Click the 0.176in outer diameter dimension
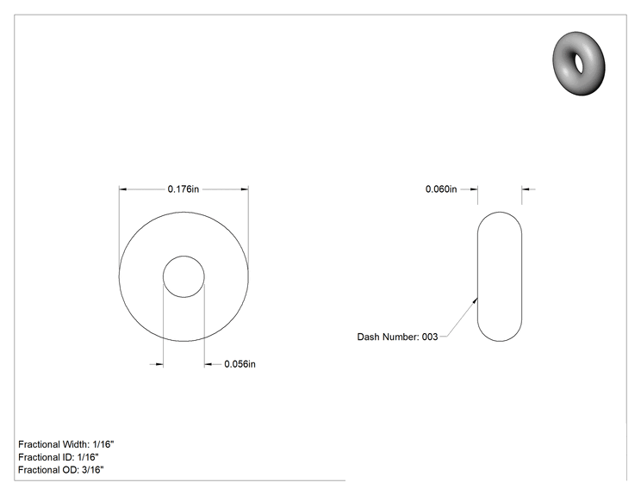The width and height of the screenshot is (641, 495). click(184, 189)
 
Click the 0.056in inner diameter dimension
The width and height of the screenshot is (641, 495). click(240, 364)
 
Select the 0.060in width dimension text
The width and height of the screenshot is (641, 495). click(441, 189)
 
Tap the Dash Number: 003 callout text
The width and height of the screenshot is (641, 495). click(397, 337)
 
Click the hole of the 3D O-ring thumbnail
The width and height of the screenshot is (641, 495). click(579, 64)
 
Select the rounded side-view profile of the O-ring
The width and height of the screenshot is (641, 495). click(477, 276)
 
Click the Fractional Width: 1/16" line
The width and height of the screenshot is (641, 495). click(66, 444)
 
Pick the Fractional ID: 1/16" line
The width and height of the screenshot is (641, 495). click(59, 457)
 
